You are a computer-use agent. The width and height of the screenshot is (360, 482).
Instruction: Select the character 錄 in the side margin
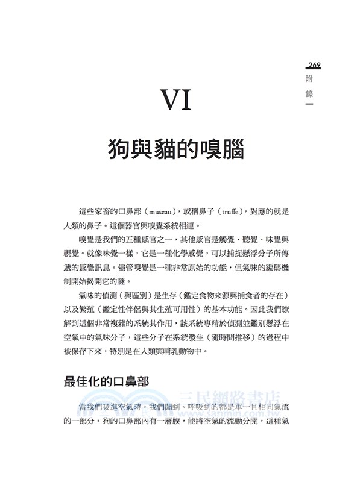tap(309, 95)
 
